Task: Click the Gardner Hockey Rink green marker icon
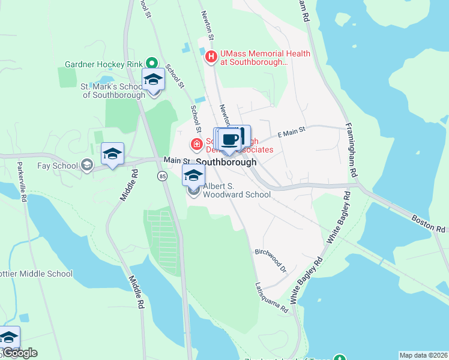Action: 152,62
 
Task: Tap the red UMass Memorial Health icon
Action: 211,57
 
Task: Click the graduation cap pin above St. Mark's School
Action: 153,80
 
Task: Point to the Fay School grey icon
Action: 87,166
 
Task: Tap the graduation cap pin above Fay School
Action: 112,154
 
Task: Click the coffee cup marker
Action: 229,140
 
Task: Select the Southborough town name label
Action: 226,162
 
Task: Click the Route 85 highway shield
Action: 162,176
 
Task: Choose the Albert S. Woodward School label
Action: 236,190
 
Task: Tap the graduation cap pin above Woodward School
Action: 193,176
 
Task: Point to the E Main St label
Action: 291,129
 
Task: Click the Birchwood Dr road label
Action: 271,258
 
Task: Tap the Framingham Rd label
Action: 352,150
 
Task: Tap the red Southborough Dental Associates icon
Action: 196,144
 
